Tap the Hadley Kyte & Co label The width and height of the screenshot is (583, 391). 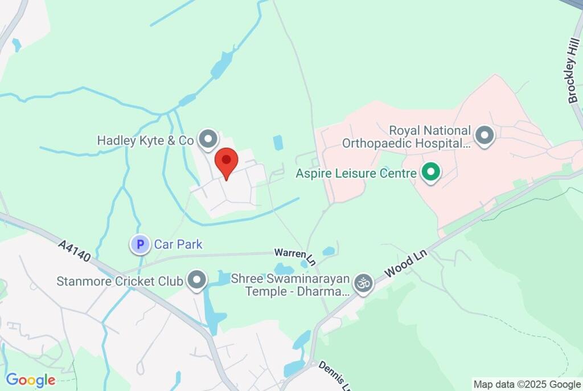pyautogui.click(x=145, y=140)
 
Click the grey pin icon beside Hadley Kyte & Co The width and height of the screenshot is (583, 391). pyautogui.click(x=208, y=139)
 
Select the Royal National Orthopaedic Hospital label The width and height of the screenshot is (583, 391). pyautogui.click(x=407, y=137)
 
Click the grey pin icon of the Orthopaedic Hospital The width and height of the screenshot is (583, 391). pyautogui.click(x=485, y=136)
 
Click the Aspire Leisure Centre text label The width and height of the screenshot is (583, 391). pyautogui.click(x=356, y=173)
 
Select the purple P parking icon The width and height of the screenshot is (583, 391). pyautogui.click(x=139, y=245)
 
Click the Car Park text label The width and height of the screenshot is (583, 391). pyautogui.click(x=178, y=245)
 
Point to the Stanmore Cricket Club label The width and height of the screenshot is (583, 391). pyautogui.click(x=120, y=281)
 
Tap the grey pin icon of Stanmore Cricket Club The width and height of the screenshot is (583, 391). pyautogui.click(x=198, y=280)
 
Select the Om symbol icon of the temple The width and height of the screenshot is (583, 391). pyautogui.click(x=363, y=283)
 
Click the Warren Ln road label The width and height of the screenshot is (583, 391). pyautogui.click(x=295, y=256)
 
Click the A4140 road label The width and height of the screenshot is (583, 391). pyautogui.click(x=73, y=251)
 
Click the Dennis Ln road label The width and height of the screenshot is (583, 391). pyautogui.click(x=332, y=374)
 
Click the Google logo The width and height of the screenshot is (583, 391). pyautogui.click(x=30, y=380)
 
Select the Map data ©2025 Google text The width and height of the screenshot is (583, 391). pyautogui.click(x=527, y=384)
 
